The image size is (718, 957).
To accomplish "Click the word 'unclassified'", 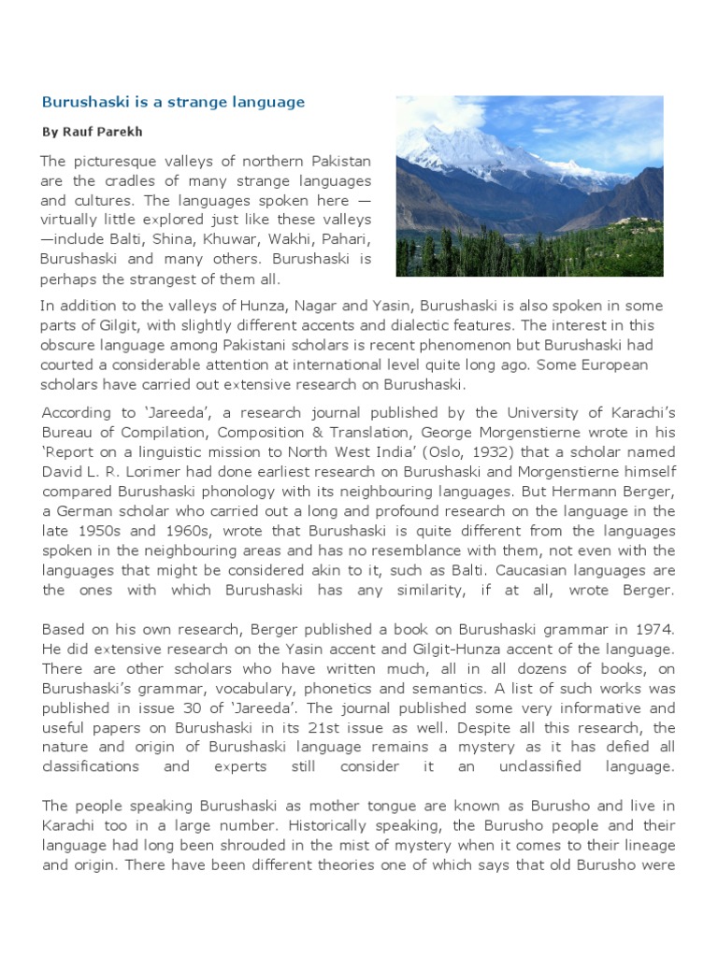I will (x=556, y=765).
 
